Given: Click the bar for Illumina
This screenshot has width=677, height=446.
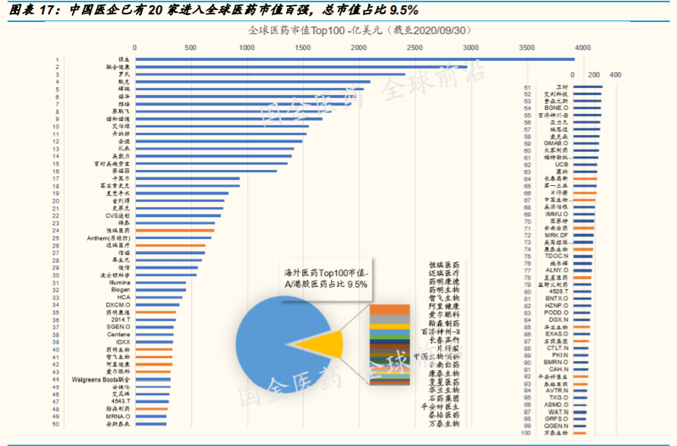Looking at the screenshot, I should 160,282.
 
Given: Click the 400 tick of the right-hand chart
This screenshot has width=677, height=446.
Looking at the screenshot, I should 616,75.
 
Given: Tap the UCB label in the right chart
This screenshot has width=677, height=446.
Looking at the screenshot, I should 562,164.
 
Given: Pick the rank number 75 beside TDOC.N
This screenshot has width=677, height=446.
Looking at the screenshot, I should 527,256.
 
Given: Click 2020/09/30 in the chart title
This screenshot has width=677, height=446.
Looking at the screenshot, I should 440,31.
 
